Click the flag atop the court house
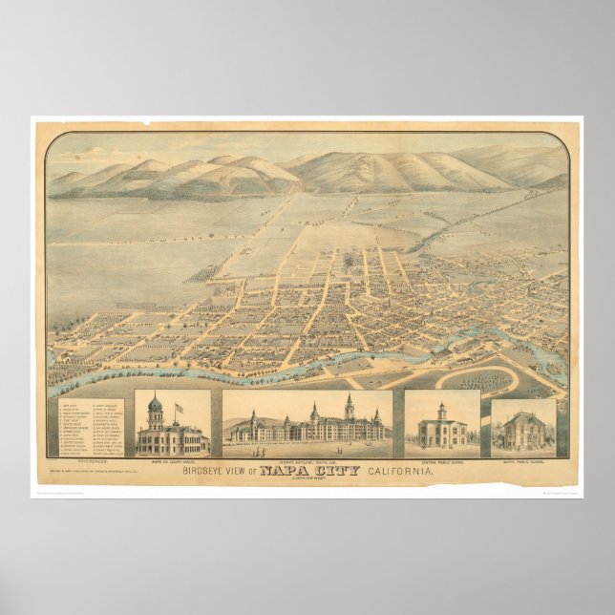(178, 408)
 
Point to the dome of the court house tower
(155, 405)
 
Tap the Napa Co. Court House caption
(172, 460)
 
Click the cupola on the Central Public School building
(440, 410)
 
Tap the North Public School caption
(522, 461)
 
